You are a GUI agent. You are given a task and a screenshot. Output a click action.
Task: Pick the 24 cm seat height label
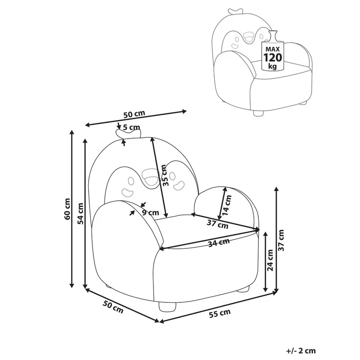270,260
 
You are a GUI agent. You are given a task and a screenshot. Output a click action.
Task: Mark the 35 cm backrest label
164,175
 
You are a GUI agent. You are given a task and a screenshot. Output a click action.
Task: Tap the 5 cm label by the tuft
131,127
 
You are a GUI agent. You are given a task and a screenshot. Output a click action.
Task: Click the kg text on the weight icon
272,66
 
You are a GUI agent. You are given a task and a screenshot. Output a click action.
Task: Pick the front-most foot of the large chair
167,308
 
